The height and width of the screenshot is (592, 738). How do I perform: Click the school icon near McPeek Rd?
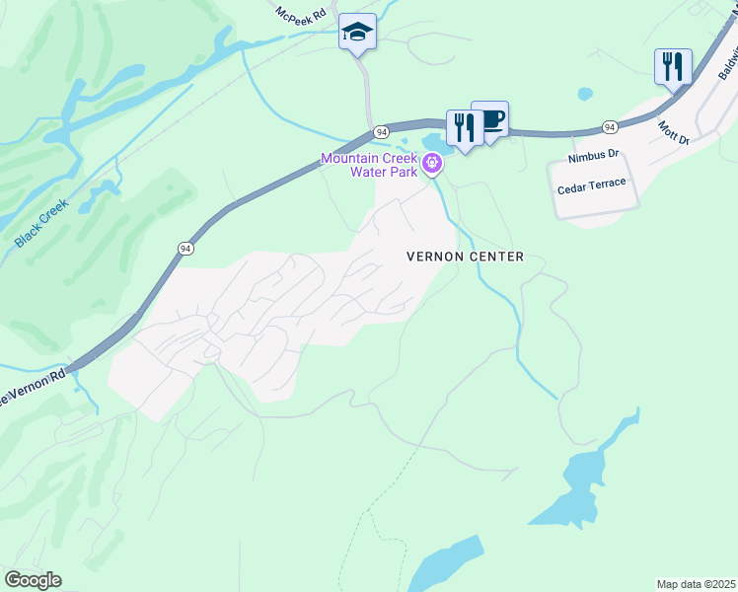point(356,33)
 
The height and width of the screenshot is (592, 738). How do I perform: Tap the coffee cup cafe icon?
point(490,120)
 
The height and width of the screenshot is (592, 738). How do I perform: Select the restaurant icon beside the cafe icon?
point(464,127)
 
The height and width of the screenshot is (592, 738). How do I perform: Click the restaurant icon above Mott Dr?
point(672,67)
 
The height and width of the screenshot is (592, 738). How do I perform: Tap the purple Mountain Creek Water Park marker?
point(431,166)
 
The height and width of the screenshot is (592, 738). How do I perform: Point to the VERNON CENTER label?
point(465,257)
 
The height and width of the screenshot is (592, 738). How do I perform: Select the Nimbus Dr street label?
point(593,156)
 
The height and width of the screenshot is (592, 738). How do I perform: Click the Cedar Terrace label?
point(593,186)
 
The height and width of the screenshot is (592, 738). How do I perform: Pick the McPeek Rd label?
point(300,17)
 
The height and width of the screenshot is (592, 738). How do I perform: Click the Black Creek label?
point(40,223)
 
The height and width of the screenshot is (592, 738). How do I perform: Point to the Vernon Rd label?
point(35,386)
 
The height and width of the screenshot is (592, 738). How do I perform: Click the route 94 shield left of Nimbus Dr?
point(610,127)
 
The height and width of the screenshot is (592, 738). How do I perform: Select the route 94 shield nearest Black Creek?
point(184,249)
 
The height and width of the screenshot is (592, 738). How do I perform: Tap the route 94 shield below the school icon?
point(380,131)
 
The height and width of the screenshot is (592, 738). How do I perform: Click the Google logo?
point(33,580)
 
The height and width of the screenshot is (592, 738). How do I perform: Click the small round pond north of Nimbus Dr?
point(585,95)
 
